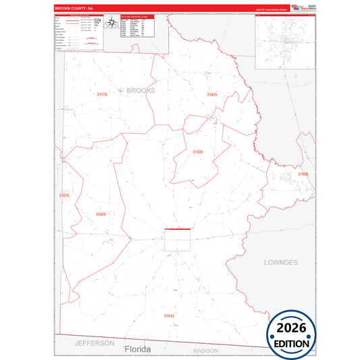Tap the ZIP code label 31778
click(102, 95)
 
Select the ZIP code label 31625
click(213, 95)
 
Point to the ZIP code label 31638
click(197, 152)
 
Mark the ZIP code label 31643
click(168, 315)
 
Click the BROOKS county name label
click(140, 90)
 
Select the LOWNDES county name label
click(280, 261)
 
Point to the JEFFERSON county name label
click(94, 343)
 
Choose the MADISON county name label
click(205, 351)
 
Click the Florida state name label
click(138, 349)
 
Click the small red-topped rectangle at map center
click(178, 239)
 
